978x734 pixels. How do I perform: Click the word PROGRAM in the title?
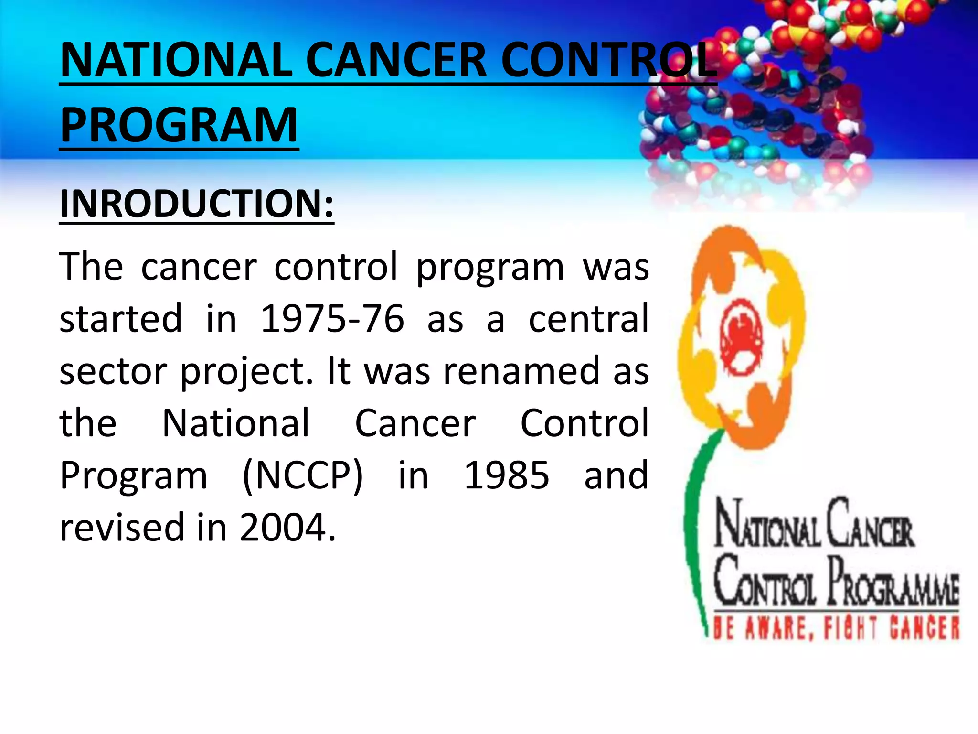(179, 125)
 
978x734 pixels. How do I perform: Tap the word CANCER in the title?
(396, 61)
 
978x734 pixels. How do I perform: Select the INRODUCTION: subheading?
(196, 204)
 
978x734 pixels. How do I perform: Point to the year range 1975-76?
(332, 319)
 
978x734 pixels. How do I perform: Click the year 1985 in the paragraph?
(507, 475)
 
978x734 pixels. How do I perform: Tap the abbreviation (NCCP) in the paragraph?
(303, 475)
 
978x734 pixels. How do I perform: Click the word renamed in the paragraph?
(521, 371)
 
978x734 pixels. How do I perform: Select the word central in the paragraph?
(588, 319)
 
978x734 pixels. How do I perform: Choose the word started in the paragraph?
(121, 319)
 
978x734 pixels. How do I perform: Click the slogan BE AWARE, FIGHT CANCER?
(836, 628)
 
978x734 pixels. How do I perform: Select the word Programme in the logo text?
(893, 584)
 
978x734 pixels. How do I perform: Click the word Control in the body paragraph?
(584, 423)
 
